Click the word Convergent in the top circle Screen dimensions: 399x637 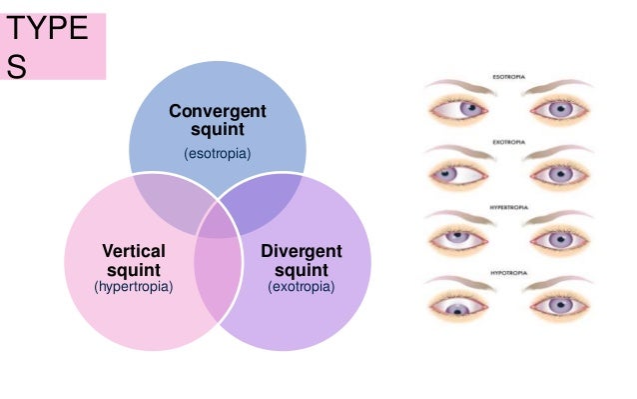point(217,110)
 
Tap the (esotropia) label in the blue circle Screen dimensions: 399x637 point(217,153)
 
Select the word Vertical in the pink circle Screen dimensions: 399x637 point(134,251)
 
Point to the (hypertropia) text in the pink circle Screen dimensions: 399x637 point(134,287)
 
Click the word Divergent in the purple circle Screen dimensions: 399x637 point(301,251)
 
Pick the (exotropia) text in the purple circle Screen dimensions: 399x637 point(301,287)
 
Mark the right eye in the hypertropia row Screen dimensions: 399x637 point(561,239)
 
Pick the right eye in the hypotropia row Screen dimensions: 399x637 point(561,304)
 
